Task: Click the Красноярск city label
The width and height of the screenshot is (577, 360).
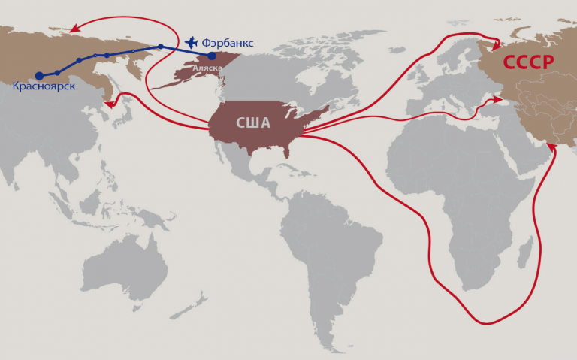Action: click(x=44, y=87)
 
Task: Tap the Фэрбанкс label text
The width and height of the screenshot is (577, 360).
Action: click(x=228, y=42)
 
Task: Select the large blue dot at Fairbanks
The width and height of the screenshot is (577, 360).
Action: click(x=212, y=56)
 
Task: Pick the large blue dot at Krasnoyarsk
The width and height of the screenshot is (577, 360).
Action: click(x=39, y=75)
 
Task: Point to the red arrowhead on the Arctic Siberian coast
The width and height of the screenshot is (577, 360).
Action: click(x=74, y=31)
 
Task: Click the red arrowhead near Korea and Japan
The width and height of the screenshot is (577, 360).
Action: click(x=109, y=104)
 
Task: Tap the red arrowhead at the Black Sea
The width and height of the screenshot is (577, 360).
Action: click(x=498, y=99)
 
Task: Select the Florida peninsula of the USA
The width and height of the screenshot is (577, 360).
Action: click(x=288, y=152)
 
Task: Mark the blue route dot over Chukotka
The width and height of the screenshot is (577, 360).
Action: click(x=160, y=47)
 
